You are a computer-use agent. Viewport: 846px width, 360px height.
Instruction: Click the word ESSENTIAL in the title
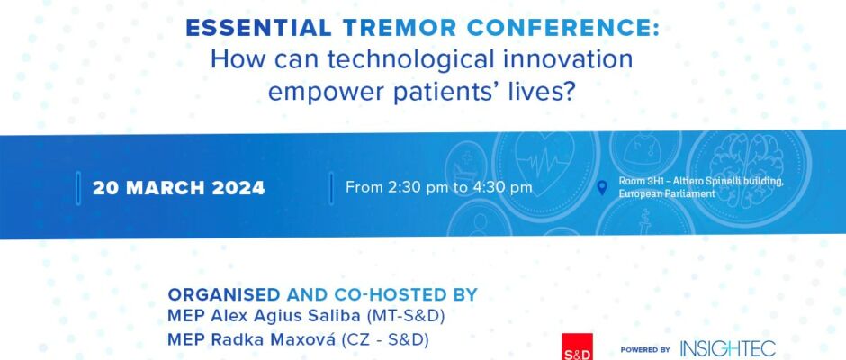[258, 28]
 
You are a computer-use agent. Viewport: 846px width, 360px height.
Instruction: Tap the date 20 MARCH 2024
[178, 188]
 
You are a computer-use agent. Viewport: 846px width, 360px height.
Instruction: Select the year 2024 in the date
[238, 188]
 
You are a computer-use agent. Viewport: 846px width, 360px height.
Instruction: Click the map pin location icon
[602, 188]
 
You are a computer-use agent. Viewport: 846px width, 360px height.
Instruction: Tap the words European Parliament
[667, 193]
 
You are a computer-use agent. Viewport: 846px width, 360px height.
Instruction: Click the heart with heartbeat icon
[544, 160]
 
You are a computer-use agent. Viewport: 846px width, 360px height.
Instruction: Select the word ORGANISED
[224, 294]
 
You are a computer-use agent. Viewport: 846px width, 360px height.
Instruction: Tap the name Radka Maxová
[274, 339]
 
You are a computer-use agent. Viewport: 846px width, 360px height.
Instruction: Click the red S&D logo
[577, 346]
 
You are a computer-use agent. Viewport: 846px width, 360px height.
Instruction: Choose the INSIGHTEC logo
[728, 349]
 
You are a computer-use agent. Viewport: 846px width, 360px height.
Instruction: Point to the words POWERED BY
[645, 350]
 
